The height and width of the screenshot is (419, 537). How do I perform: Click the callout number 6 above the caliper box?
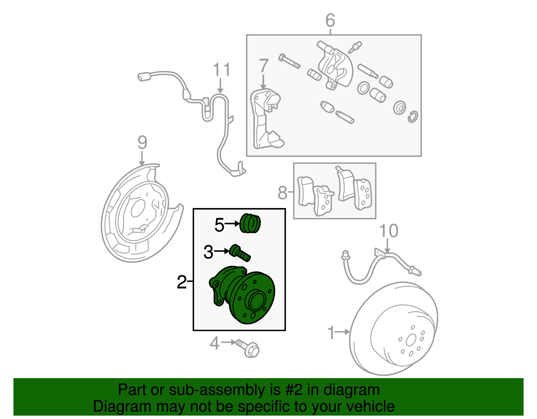330,20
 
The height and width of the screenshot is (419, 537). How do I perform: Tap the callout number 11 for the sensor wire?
222,70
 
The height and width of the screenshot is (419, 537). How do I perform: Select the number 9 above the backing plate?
142,143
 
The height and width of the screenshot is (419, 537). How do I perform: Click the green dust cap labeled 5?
250,223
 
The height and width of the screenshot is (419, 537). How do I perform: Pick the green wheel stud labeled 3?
240,253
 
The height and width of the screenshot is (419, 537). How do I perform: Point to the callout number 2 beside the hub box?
182,282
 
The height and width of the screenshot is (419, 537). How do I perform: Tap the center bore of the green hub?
255,301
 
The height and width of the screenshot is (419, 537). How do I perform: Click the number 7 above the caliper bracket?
264,65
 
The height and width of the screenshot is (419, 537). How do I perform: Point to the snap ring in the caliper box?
413,116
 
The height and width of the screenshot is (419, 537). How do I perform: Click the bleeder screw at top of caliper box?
355,47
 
